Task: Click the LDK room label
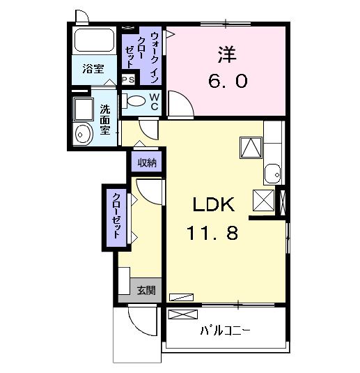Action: pos(215,205)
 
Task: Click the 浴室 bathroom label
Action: pos(93,68)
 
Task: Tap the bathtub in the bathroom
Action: pos(95,43)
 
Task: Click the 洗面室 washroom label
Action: pos(104,119)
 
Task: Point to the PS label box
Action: pos(128,80)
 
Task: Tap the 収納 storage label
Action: pos(146,163)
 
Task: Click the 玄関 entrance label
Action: pos(146,290)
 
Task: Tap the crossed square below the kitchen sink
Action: pos(264,200)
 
